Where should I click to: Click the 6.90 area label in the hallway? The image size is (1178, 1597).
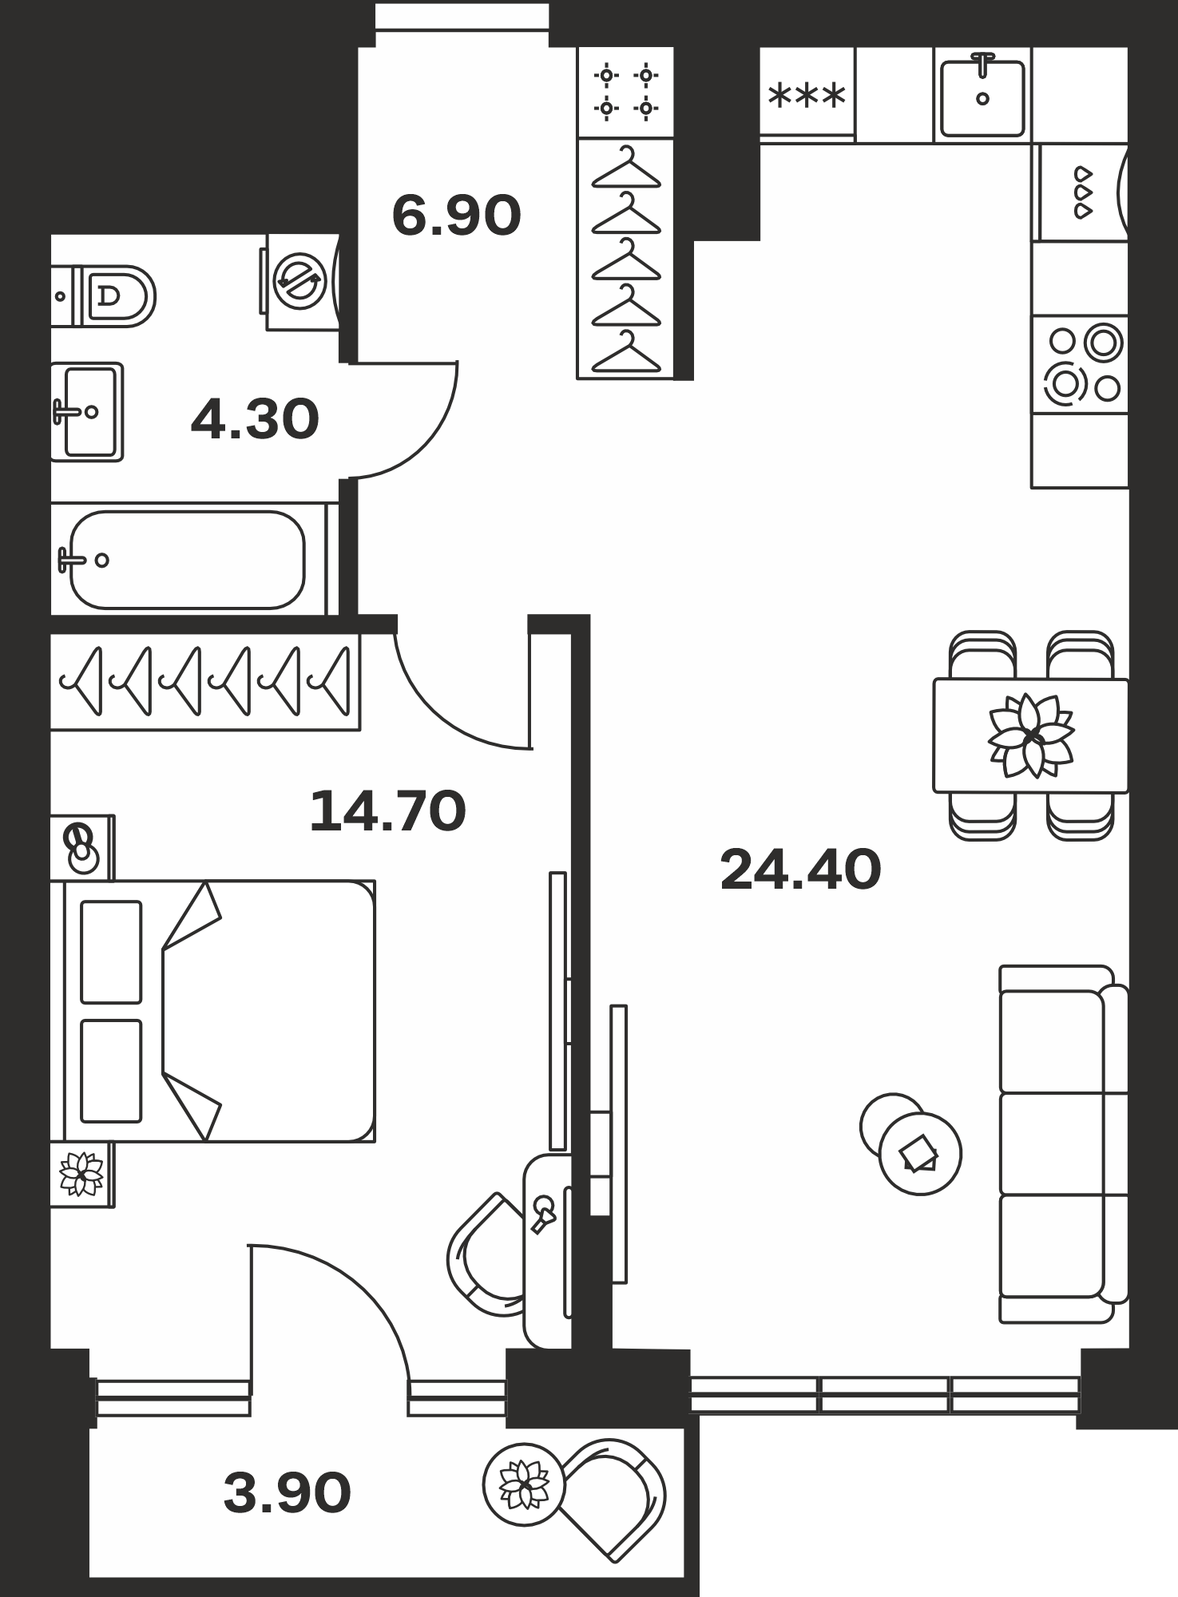(456, 216)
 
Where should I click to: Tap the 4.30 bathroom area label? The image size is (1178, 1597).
(255, 420)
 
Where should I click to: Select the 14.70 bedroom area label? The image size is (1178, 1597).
(387, 810)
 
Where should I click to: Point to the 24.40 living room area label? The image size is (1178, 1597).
(800, 870)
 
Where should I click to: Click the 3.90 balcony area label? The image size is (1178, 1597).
(287, 1492)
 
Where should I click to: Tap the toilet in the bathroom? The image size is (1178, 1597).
(103, 296)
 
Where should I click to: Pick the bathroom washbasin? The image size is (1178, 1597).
(87, 412)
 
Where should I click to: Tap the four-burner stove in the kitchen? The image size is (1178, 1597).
(1079, 365)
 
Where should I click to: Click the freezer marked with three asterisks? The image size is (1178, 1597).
(807, 95)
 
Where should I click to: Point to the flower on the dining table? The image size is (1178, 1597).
(1031, 735)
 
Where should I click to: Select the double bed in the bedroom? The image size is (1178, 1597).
(212, 1012)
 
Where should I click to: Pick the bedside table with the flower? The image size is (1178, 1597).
(82, 1175)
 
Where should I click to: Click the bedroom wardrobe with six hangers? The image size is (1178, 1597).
(205, 682)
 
